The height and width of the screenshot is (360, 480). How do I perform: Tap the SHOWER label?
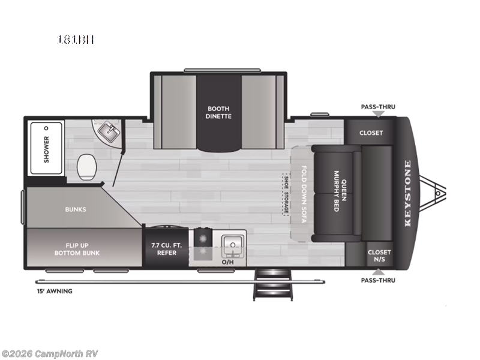46,148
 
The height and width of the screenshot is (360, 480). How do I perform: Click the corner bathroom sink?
109,131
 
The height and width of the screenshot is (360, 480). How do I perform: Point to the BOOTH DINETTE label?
219,112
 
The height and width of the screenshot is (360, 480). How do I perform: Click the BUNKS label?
76,209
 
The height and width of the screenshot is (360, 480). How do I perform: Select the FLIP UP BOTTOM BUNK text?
83,248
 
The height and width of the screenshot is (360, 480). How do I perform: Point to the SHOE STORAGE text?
286,194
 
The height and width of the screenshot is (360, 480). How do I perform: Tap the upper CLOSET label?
371,133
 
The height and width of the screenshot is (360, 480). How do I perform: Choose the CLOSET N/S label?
379,256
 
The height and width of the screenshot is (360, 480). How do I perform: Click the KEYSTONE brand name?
408,193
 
